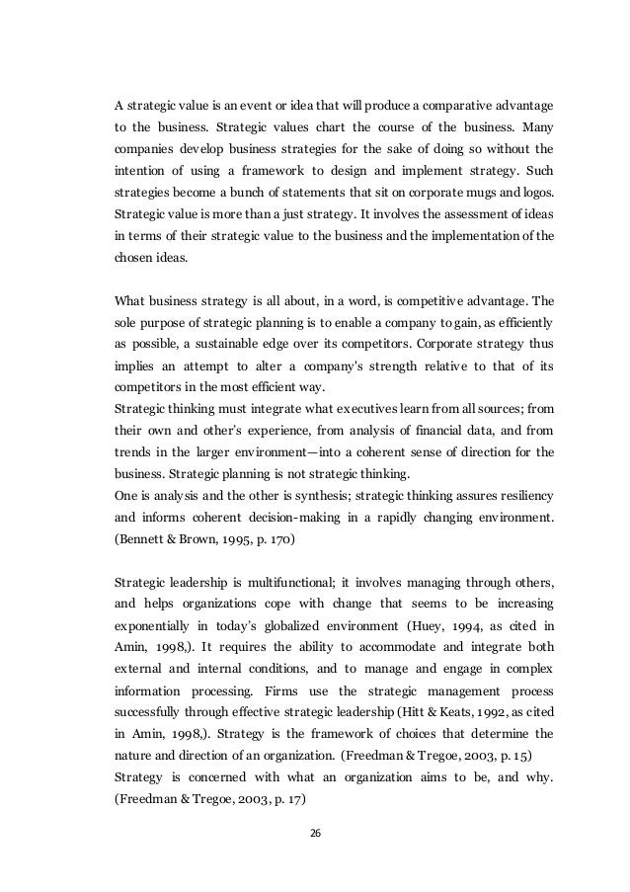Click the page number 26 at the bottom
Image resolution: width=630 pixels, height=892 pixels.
[315, 833]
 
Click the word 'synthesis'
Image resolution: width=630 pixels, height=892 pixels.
[305, 496]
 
